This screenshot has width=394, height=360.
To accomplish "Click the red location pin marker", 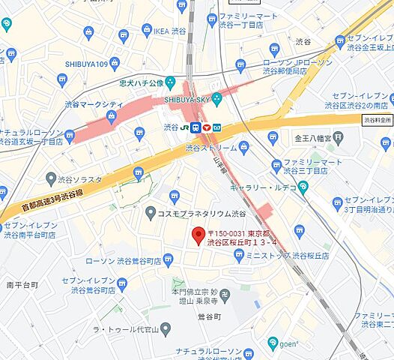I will click(x=198, y=235).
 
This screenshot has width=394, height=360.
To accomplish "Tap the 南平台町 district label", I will click(x=22, y=285).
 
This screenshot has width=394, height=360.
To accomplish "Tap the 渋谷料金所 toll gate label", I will click(x=378, y=119).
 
